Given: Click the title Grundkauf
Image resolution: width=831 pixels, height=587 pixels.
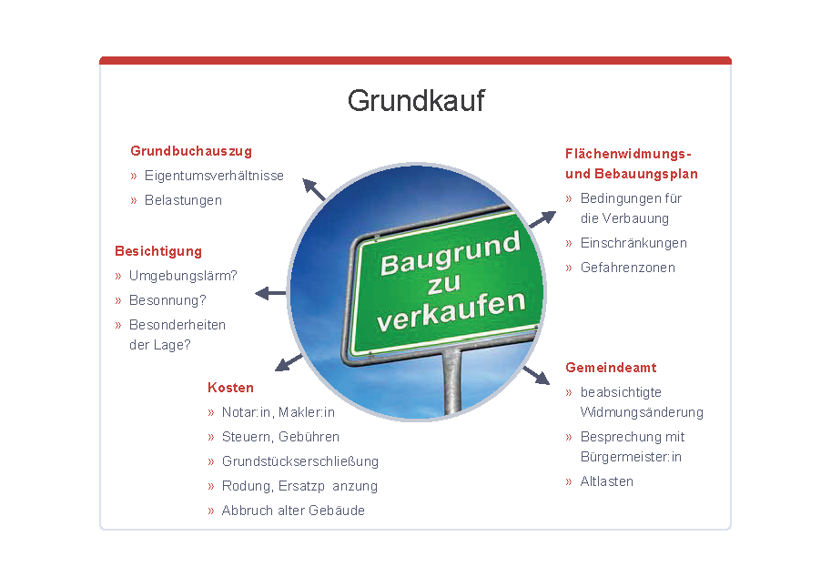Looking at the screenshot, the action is click(416, 100).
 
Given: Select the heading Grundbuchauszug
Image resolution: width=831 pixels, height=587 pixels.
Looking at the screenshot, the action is click(191, 151).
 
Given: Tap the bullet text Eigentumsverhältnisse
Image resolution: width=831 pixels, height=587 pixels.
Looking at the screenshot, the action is click(214, 176).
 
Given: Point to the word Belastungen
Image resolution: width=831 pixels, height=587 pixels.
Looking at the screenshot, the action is click(183, 200).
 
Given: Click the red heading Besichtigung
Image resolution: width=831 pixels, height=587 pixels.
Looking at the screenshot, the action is click(158, 252).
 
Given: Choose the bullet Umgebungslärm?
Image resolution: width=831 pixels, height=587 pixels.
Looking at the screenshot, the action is click(183, 276).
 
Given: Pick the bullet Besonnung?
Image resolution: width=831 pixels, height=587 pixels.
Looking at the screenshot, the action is click(167, 300).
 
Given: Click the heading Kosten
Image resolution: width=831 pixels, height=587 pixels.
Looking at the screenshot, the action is click(230, 388).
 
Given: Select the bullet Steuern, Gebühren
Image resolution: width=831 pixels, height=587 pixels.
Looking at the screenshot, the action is click(280, 437).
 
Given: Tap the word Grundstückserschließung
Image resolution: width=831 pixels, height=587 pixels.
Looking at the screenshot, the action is click(300, 461).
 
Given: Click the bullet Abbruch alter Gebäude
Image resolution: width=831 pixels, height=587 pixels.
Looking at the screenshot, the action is click(293, 511).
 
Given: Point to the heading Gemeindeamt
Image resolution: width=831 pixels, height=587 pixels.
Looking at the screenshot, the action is click(611, 368).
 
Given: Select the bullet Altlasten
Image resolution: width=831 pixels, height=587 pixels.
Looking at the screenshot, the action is click(607, 481).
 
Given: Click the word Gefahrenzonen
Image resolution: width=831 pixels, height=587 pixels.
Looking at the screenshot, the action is click(628, 268).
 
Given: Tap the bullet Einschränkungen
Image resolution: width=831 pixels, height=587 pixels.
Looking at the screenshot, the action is click(633, 243).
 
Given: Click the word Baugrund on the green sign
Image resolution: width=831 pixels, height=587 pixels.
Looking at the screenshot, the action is click(451, 254).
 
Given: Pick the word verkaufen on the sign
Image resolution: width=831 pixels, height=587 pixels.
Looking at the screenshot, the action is click(451, 311).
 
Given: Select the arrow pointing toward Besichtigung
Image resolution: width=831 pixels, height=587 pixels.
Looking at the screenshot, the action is click(270, 293).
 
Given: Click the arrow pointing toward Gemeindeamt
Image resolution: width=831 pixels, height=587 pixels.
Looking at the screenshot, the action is click(536, 375).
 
